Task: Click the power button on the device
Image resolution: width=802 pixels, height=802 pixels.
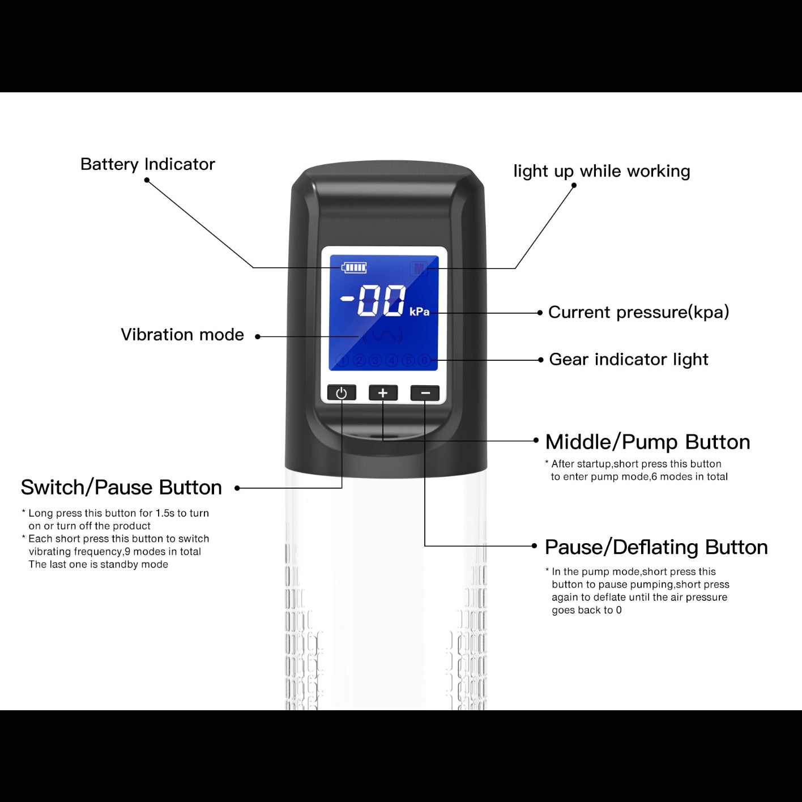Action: click(342, 393)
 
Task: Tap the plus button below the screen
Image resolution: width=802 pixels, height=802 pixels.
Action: click(383, 393)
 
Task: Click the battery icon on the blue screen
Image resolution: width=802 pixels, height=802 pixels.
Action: click(354, 267)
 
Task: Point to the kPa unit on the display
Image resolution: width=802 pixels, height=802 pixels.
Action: click(419, 312)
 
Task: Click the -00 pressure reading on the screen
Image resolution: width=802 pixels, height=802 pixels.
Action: click(373, 301)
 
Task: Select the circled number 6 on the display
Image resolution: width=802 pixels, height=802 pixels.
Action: click(424, 360)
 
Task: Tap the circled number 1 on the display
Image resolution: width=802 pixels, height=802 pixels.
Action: click(342, 360)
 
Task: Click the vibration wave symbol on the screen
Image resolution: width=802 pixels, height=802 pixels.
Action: click(382, 336)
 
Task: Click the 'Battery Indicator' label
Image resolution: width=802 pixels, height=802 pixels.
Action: click(147, 164)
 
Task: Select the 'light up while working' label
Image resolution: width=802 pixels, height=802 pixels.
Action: click(601, 171)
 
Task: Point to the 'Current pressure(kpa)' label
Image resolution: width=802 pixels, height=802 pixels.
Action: click(638, 312)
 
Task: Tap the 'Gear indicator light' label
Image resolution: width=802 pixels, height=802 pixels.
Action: click(629, 359)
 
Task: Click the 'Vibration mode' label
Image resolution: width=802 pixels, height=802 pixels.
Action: click(182, 335)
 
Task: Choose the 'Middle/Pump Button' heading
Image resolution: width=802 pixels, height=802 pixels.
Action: click(647, 442)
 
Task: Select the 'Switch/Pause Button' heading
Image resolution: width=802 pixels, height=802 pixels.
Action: click(121, 487)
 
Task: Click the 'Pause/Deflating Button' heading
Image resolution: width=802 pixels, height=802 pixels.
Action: click(656, 547)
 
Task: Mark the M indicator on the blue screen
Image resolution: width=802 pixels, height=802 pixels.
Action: click(419, 269)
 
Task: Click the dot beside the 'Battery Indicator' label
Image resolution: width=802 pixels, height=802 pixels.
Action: click(147, 180)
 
